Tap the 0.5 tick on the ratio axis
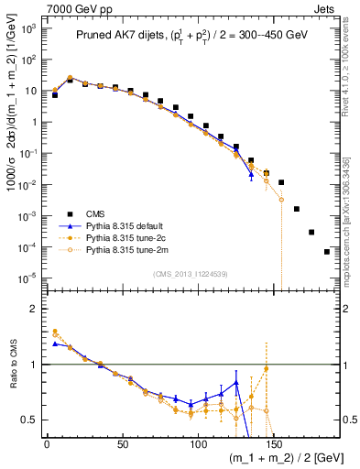click(x=28, y=420)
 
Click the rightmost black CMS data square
click(x=327, y=251)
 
